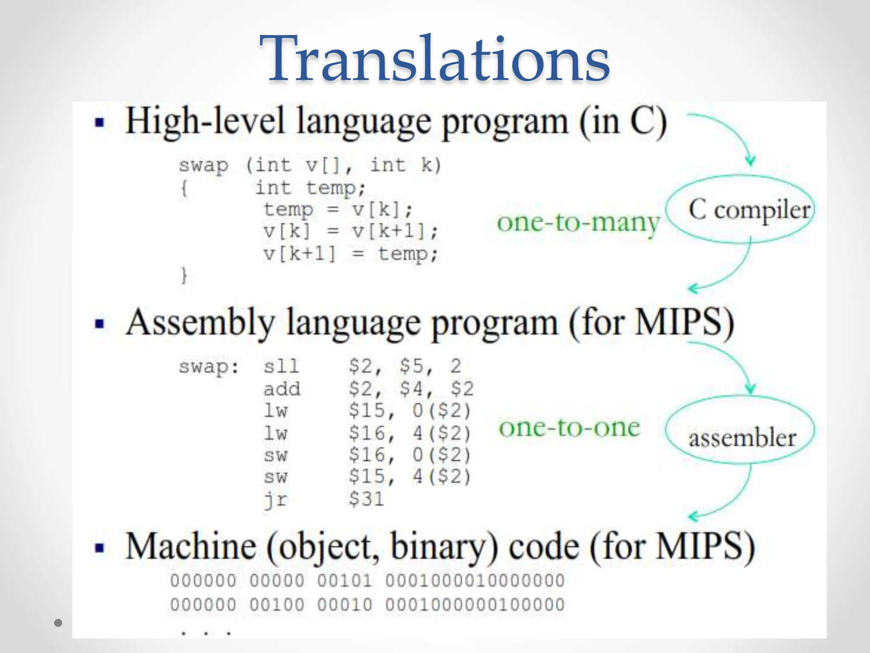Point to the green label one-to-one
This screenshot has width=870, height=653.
point(569,428)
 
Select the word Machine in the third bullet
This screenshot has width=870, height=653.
point(191,547)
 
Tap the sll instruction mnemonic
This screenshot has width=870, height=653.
point(281,366)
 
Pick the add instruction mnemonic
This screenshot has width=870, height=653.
point(282,389)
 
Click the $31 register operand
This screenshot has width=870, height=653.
point(366,499)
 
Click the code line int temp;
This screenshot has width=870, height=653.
point(310,187)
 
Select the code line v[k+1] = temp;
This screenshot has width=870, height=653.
point(350,254)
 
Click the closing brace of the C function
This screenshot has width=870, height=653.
point(184,275)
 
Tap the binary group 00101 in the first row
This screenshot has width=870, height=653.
point(345,581)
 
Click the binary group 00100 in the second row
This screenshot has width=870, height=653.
point(277,605)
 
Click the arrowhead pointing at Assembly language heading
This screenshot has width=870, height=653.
point(693,289)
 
